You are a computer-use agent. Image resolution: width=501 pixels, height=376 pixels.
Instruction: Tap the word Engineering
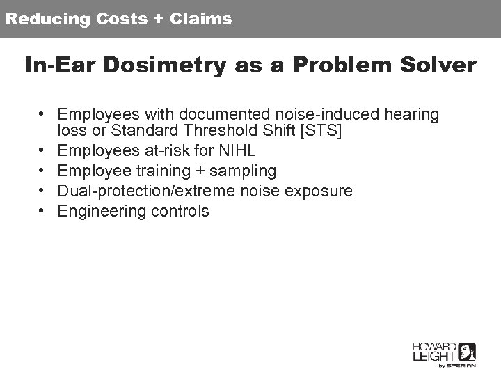[101, 211]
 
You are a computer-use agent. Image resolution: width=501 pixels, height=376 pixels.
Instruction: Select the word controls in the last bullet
[179, 211]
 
